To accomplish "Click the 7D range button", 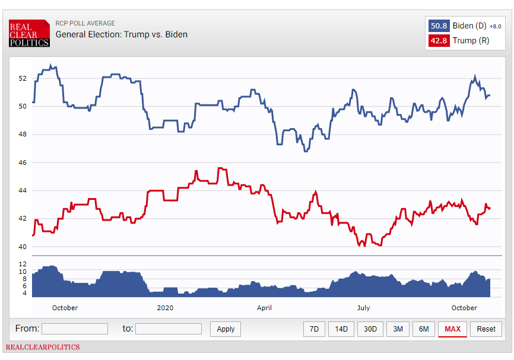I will click(315, 329).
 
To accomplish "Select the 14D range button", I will click(341, 329).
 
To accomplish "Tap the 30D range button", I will click(370, 329).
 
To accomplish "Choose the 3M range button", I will click(398, 329).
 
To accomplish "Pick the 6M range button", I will click(423, 329).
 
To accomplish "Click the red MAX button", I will click(452, 329).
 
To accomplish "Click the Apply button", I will click(226, 329).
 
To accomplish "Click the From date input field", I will click(75, 329).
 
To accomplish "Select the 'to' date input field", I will click(169, 329).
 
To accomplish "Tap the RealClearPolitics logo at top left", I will click(29, 34).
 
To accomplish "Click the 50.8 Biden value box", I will click(438, 26).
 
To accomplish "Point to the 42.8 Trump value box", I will click(438, 41).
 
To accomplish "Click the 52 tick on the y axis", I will click(23, 78).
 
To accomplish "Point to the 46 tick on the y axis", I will click(23, 163).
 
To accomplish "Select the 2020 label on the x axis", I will click(165, 308).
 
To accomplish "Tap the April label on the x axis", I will click(264, 308).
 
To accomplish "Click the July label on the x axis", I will click(363, 308).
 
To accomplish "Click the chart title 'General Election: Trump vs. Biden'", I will click(122, 34).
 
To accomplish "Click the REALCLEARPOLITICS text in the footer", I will click(43, 347).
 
